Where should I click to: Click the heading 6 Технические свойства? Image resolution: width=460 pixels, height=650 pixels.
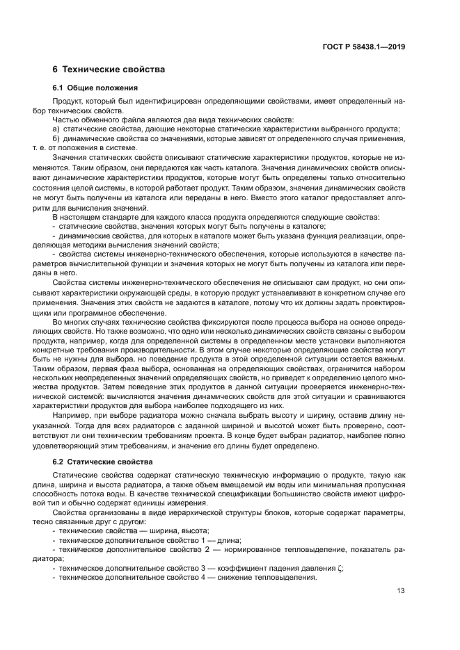click(x=109, y=70)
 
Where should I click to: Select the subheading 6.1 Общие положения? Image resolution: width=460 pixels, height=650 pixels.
click(x=95, y=88)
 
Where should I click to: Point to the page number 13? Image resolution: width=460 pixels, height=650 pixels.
click(x=401, y=590)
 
